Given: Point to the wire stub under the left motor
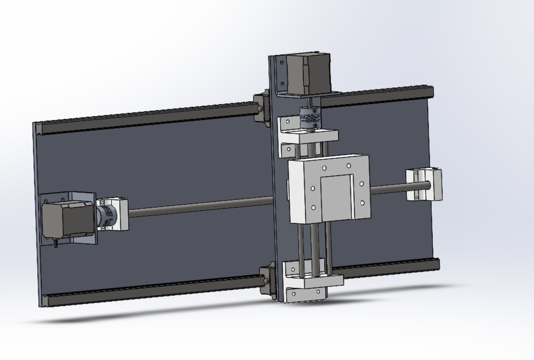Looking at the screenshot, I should click(56, 243).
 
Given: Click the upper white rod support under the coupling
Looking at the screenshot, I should click(308, 136).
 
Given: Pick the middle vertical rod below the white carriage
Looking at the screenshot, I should click(316, 247).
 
